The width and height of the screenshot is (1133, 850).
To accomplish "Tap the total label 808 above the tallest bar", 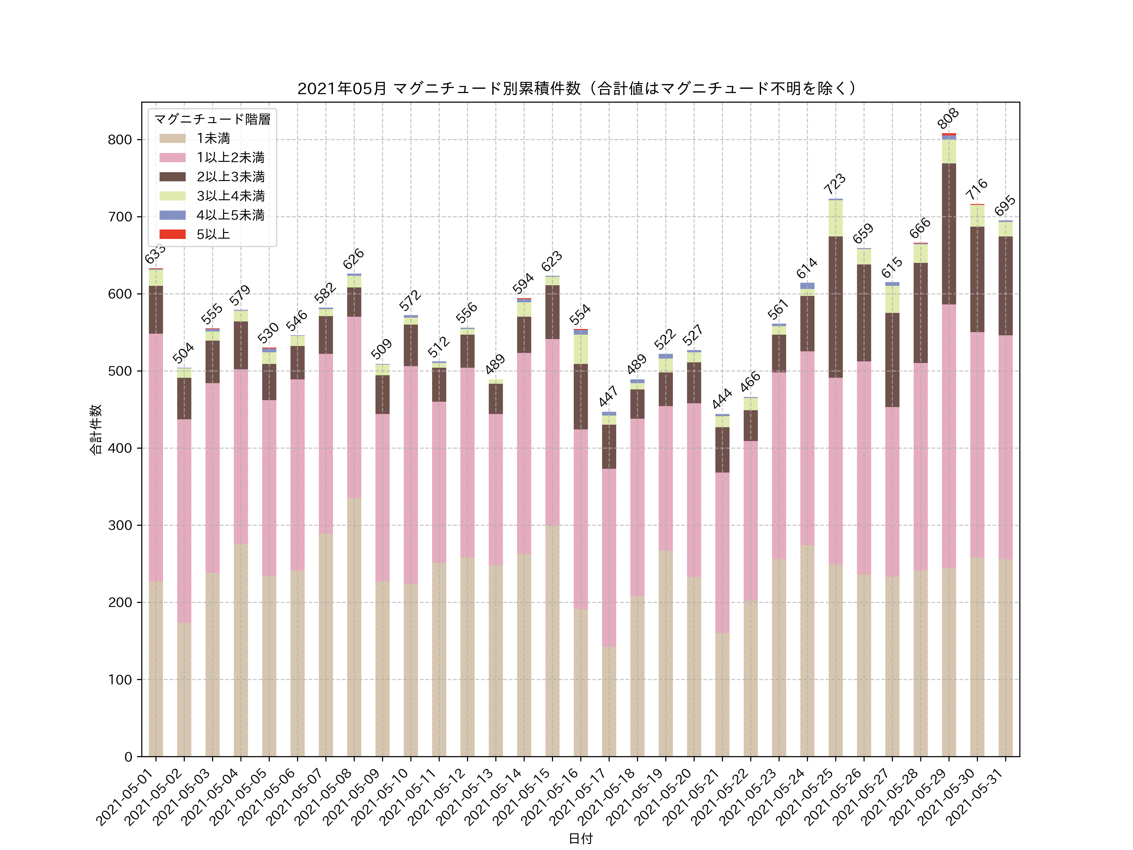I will (948, 118).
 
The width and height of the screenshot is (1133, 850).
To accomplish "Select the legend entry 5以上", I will (213, 234).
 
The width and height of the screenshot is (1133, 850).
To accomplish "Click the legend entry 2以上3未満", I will (230, 177).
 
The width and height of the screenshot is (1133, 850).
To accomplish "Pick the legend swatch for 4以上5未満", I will (172, 215).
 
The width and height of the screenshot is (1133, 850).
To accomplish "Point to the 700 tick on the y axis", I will (120, 217).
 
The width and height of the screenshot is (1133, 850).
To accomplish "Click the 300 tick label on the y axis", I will (120, 525).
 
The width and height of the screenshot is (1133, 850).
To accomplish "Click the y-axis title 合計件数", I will (96, 429).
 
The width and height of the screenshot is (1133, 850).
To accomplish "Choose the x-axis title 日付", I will (580, 839).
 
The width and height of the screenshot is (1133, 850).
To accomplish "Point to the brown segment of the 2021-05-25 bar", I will (835, 307).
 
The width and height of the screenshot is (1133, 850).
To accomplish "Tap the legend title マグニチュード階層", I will (212, 119).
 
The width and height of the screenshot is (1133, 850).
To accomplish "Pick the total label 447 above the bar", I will (608, 397).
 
